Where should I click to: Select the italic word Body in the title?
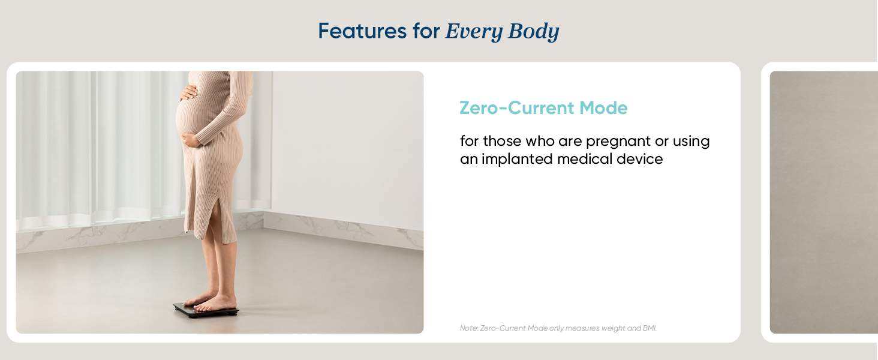pos(533,31)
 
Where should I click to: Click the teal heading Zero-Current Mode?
pos(543,108)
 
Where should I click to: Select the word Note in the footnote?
pos(468,328)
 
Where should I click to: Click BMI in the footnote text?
pos(650,328)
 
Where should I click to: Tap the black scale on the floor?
pos(206,310)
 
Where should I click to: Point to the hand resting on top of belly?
pos(188,92)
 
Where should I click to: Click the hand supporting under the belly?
pos(191,140)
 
